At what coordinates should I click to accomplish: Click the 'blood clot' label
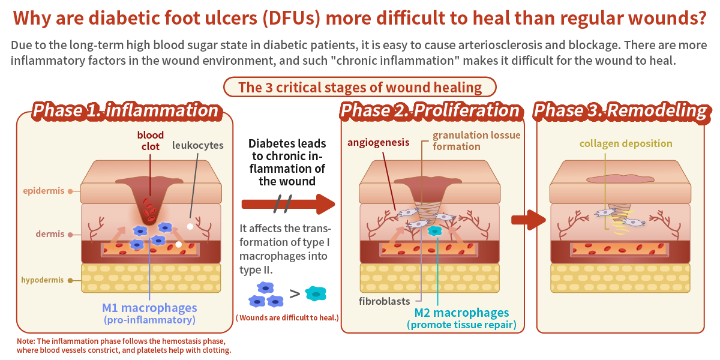click(150, 140)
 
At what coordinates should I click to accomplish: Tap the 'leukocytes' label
click(197, 145)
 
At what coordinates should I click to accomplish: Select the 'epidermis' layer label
click(44, 191)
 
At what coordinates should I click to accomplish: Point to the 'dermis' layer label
click(50, 234)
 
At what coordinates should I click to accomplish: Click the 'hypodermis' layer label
click(43, 280)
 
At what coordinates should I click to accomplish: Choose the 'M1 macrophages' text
click(149, 308)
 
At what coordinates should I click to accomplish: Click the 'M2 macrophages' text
click(461, 313)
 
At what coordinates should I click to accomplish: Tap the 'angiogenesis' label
click(379, 142)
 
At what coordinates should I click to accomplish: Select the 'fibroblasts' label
click(384, 301)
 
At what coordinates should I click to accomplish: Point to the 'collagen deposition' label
click(626, 144)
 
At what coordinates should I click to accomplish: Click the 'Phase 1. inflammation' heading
click(125, 111)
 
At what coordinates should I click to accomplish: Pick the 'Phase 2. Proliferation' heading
click(430, 111)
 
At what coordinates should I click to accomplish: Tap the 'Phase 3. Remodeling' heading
click(620, 111)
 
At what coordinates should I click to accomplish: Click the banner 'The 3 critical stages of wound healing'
click(360, 88)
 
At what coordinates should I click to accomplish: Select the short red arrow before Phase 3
click(528, 220)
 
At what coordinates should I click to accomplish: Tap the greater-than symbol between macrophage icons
click(295, 294)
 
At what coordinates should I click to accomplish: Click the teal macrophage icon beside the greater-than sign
click(316, 293)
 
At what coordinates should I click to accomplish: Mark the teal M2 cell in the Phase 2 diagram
click(435, 230)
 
